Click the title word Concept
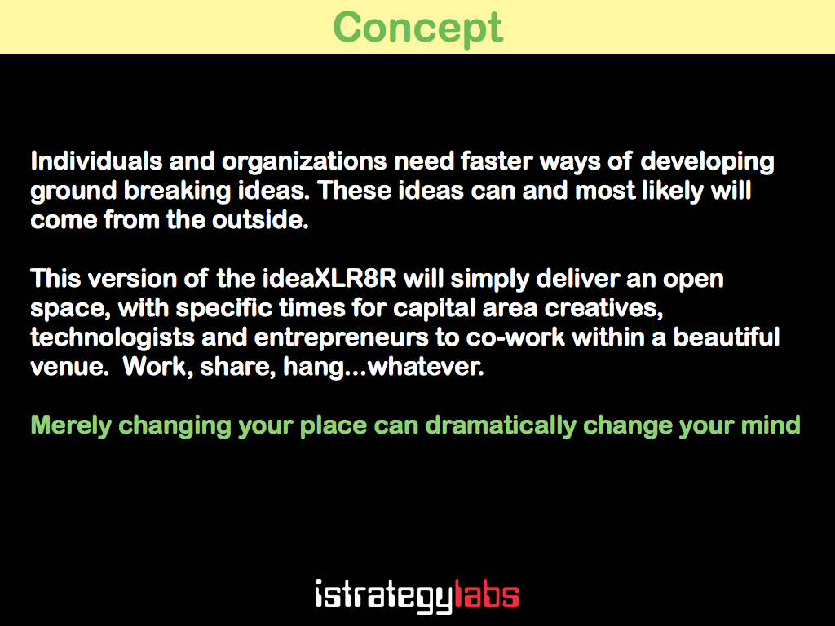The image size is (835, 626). pos(418,29)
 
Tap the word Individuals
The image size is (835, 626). pos(96,161)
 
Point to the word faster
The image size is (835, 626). pos(497,161)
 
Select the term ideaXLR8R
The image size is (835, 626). pos(329,279)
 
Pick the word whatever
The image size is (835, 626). pos(426,366)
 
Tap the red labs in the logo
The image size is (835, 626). pos(486,594)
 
